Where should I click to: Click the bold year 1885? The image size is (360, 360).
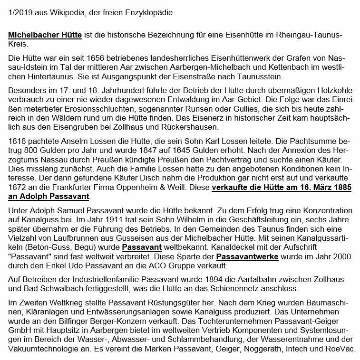340,188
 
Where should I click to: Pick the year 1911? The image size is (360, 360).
102,219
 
